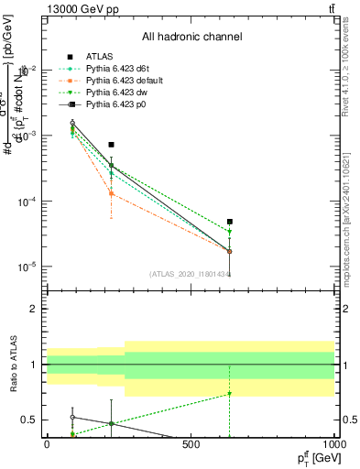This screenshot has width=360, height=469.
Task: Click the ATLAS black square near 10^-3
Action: [111, 145]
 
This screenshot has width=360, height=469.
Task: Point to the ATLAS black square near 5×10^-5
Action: [230, 222]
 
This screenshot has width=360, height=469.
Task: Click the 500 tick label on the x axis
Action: [191, 444]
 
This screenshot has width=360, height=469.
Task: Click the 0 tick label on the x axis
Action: [47, 444]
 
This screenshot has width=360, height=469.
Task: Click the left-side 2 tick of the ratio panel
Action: [36, 309]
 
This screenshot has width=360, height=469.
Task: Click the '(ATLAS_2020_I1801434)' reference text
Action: [190, 273]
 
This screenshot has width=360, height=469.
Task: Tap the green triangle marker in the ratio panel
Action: [230, 394]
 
